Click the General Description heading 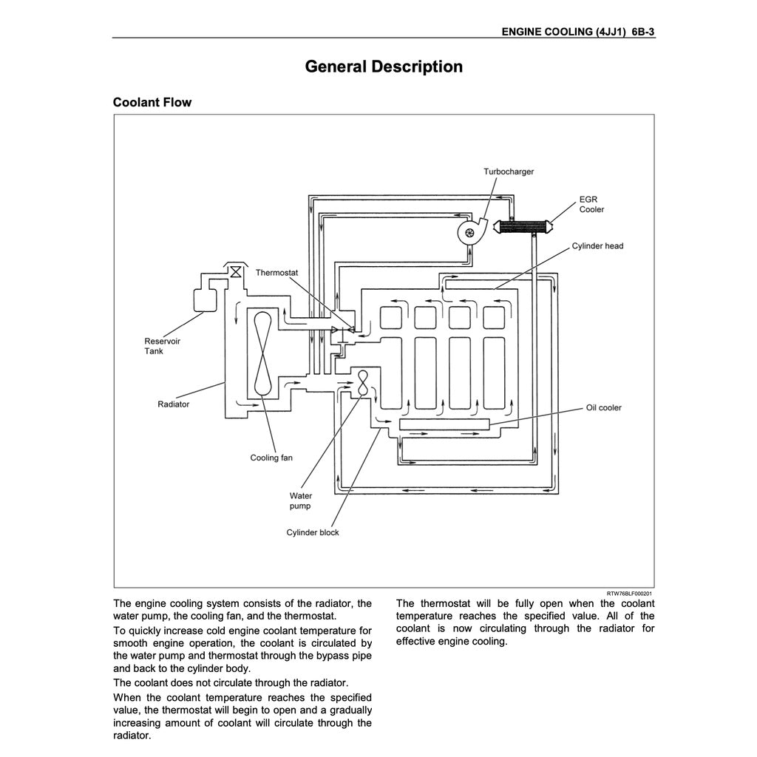384,67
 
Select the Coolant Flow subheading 152,102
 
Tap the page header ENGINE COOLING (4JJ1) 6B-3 578,32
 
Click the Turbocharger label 509,172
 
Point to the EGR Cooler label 591,205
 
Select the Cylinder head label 597,245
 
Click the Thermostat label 276,273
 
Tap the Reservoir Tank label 162,346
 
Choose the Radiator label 173,404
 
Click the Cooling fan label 271,458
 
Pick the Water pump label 300,501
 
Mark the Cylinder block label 313,532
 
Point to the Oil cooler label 604,407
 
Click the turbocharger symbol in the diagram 469,232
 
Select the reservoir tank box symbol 203,299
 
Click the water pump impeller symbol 363,382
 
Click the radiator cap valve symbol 235,272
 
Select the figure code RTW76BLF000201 629,593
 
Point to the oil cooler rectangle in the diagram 444,424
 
